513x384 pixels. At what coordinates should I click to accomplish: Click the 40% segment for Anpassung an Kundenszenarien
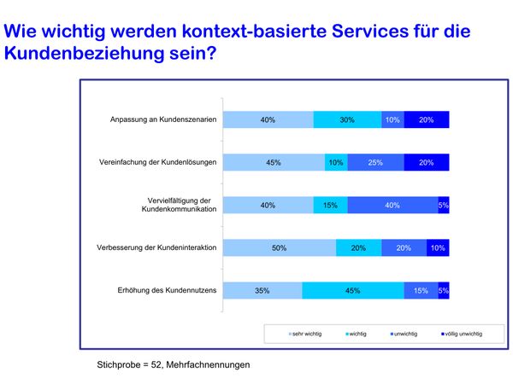tap(268, 120)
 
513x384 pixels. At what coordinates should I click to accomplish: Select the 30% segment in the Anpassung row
tap(347, 120)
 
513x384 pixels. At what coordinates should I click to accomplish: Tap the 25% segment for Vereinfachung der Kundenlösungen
tap(375, 163)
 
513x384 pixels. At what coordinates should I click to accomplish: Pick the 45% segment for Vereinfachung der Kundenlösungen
tap(274, 163)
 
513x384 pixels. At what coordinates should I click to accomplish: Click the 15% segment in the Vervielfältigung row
tap(330, 205)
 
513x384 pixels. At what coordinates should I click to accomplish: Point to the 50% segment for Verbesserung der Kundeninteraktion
tap(279, 247)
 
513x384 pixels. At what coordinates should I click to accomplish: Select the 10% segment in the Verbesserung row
tap(438, 247)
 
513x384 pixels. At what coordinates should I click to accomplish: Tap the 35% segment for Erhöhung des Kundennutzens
tap(262, 290)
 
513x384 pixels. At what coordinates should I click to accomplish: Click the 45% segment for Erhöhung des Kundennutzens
tap(352, 290)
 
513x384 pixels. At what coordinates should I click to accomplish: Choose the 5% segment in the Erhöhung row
tap(444, 290)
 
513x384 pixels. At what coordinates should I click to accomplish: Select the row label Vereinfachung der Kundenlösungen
tap(159, 163)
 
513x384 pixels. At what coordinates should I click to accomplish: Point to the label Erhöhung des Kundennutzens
tap(167, 290)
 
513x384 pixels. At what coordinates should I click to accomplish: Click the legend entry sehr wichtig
tap(307, 334)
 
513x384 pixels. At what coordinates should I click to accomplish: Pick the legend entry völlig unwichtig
tap(462, 334)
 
